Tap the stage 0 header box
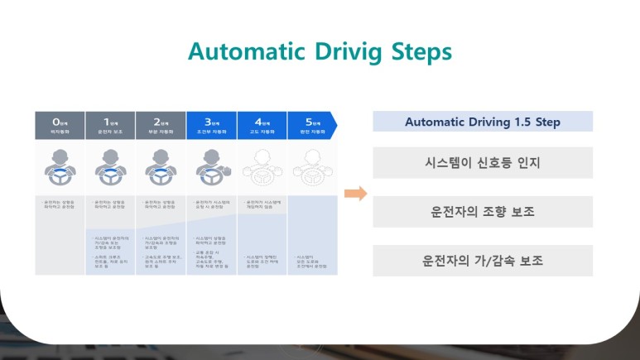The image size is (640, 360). click(60, 125)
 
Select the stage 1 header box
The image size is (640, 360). click(111, 125)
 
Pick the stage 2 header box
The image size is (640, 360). click(161, 125)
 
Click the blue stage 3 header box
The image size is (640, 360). click(212, 125)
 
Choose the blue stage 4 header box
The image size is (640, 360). click(262, 125)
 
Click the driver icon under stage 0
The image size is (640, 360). click(60, 170)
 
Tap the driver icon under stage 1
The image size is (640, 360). click(111, 170)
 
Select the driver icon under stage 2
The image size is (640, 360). click(161, 170)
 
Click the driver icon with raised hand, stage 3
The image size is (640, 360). click(213, 170)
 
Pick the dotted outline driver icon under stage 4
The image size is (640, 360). click(262, 170)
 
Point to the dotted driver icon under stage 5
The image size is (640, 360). click(311, 170)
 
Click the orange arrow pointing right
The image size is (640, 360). click(355, 194)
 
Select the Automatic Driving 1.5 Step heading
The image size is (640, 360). click(483, 122)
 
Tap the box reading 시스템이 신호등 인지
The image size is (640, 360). click(483, 162)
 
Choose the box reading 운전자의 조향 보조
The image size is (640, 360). click(483, 211)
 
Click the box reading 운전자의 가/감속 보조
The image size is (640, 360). click(483, 260)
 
